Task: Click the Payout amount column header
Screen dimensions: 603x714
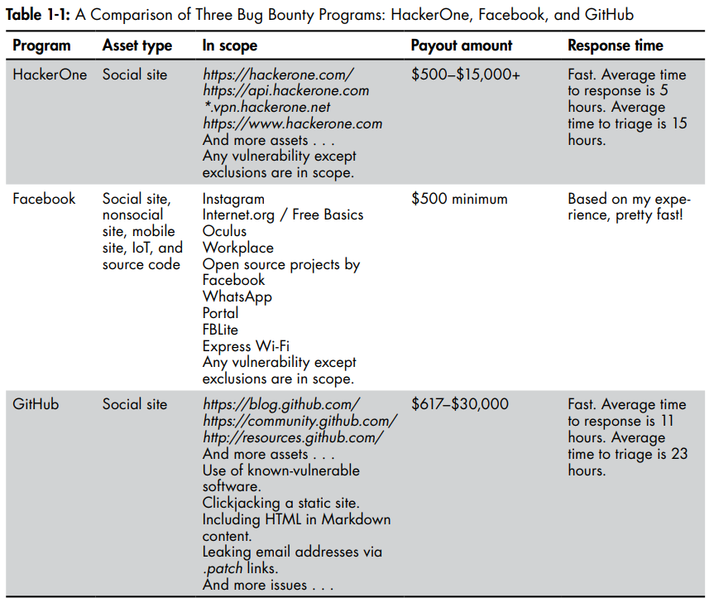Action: tap(461, 46)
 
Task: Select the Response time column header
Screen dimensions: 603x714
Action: tap(615, 46)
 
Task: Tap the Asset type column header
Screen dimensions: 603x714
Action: tap(137, 46)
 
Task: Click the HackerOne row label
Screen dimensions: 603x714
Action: tap(50, 75)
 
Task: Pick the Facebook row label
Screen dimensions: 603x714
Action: tap(44, 199)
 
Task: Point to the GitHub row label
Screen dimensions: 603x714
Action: tap(36, 405)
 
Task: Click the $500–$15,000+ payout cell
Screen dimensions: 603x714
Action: tap(466, 75)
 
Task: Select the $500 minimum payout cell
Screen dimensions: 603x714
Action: tap(459, 199)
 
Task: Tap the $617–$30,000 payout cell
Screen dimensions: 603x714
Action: tap(460, 405)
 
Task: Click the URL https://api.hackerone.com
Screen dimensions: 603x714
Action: tap(285, 91)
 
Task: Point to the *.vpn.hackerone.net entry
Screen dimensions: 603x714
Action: tap(266, 108)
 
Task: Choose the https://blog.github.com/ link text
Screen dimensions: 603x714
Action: tap(281, 405)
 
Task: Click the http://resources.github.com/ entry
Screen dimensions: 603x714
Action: tap(293, 438)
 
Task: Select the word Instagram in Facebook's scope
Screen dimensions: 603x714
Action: tap(233, 199)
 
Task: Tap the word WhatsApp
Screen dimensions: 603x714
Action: tap(237, 297)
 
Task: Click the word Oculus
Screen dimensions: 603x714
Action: tap(224, 231)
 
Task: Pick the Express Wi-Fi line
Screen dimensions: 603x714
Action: tap(246, 346)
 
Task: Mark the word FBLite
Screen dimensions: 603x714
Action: tap(220, 330)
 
